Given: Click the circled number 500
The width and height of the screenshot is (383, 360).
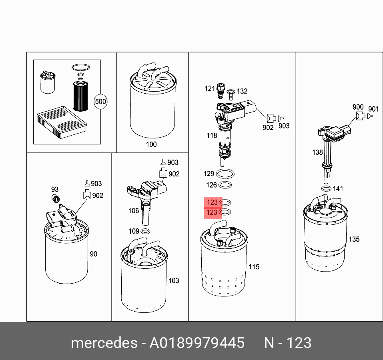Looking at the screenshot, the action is (100, 102).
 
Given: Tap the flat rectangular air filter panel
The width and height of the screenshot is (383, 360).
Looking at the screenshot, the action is (62, 122).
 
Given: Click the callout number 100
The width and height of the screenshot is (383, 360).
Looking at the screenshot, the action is (151, 144).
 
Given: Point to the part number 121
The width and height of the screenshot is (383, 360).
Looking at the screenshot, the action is (210, 88).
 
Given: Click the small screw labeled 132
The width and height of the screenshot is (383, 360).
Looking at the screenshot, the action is (231, 94).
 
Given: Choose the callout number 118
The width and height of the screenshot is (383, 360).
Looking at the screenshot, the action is (212, 136).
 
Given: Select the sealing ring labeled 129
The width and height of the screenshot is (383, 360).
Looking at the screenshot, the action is (225, 174).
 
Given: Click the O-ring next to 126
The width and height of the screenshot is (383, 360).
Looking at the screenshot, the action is (225, 185).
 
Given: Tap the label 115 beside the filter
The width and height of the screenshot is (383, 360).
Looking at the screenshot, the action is (254, 267).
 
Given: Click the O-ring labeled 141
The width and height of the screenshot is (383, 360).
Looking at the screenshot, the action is (326, 189).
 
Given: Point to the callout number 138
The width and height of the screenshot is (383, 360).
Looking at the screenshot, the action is (317, 152).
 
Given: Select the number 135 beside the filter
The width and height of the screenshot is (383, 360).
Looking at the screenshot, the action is (354, 239).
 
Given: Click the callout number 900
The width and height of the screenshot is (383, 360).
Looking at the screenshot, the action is (358, 107).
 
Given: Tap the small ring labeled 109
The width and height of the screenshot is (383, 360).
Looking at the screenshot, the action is (146, 231).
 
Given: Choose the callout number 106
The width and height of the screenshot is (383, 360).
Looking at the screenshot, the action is (134, 211).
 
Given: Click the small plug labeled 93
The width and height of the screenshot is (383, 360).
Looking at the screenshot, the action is (56, 199).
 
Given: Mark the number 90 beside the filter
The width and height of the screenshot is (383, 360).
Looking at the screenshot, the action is (94, 254).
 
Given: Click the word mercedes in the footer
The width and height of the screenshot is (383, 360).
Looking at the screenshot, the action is (104, 343).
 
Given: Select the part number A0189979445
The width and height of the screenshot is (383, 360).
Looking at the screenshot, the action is (197, 343).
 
